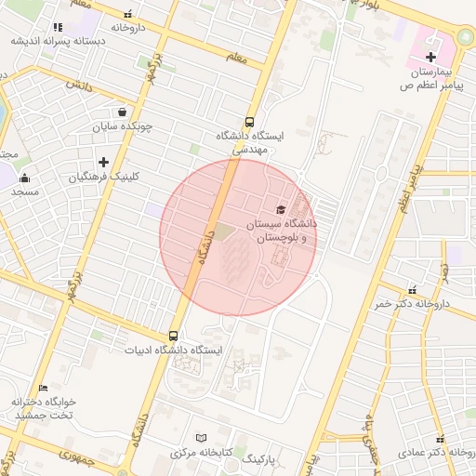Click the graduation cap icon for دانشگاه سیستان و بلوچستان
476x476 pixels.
coord(281,209)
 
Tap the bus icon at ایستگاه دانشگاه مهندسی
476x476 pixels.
coord(249,121)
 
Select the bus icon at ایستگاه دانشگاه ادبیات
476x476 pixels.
coord(174,336)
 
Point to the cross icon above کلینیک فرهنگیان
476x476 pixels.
coord(103,162)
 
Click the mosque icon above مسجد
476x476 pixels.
coord(24,178)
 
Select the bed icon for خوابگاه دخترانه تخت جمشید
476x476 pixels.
coord(43,388)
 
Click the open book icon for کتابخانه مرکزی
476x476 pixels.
coord(203,438)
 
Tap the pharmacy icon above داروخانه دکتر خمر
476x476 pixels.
coord(413,290)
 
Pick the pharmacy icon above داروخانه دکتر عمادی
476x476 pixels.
coord(440,438)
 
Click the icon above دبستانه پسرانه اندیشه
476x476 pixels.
coord(58,27)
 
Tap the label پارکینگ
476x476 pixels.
coord(259,459)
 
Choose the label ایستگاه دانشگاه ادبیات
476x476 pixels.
coord(175,350)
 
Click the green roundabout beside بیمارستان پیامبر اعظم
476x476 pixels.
coord(464,38)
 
